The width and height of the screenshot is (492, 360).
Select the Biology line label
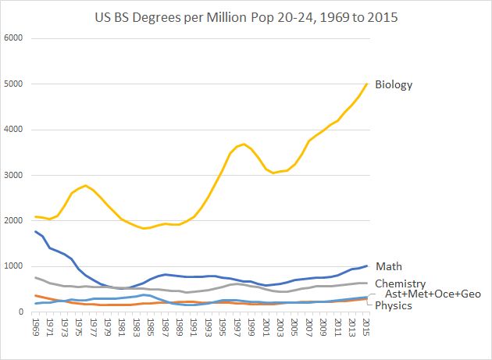tap(394, 84)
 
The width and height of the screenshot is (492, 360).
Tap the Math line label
tap(388, 267)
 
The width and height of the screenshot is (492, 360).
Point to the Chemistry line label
tap(400, 283)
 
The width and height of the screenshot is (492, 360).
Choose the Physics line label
tap(393, 305)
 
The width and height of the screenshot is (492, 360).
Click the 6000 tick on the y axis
tap(14, 38)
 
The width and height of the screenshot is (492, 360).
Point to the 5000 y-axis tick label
tap(14, 84)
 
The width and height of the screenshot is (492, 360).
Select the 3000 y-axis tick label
tap(14, 176)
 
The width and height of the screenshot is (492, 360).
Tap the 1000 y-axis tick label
tap(14, 267)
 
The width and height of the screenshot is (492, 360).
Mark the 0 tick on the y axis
tap(21, 312)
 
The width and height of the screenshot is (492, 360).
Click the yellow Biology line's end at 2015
tap(366, 84)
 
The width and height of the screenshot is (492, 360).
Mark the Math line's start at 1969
tap(36, 231)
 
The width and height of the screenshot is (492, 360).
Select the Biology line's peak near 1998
tap(244, 144)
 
